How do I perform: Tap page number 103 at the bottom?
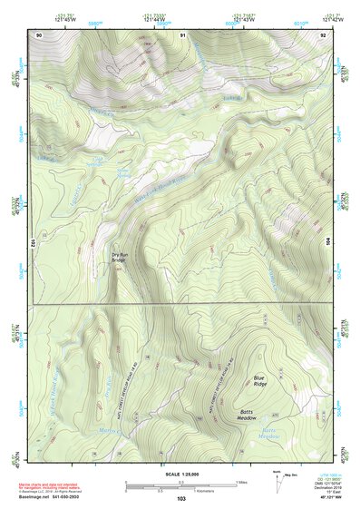pyautogui.click(x=181, y=500)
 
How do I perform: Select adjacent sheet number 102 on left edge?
pyautogui.click(x=32, y=242)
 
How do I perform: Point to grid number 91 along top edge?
pyautogui.click(x=182, y=34)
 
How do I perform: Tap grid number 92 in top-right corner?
pyautogui.click(x=324, y=34)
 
